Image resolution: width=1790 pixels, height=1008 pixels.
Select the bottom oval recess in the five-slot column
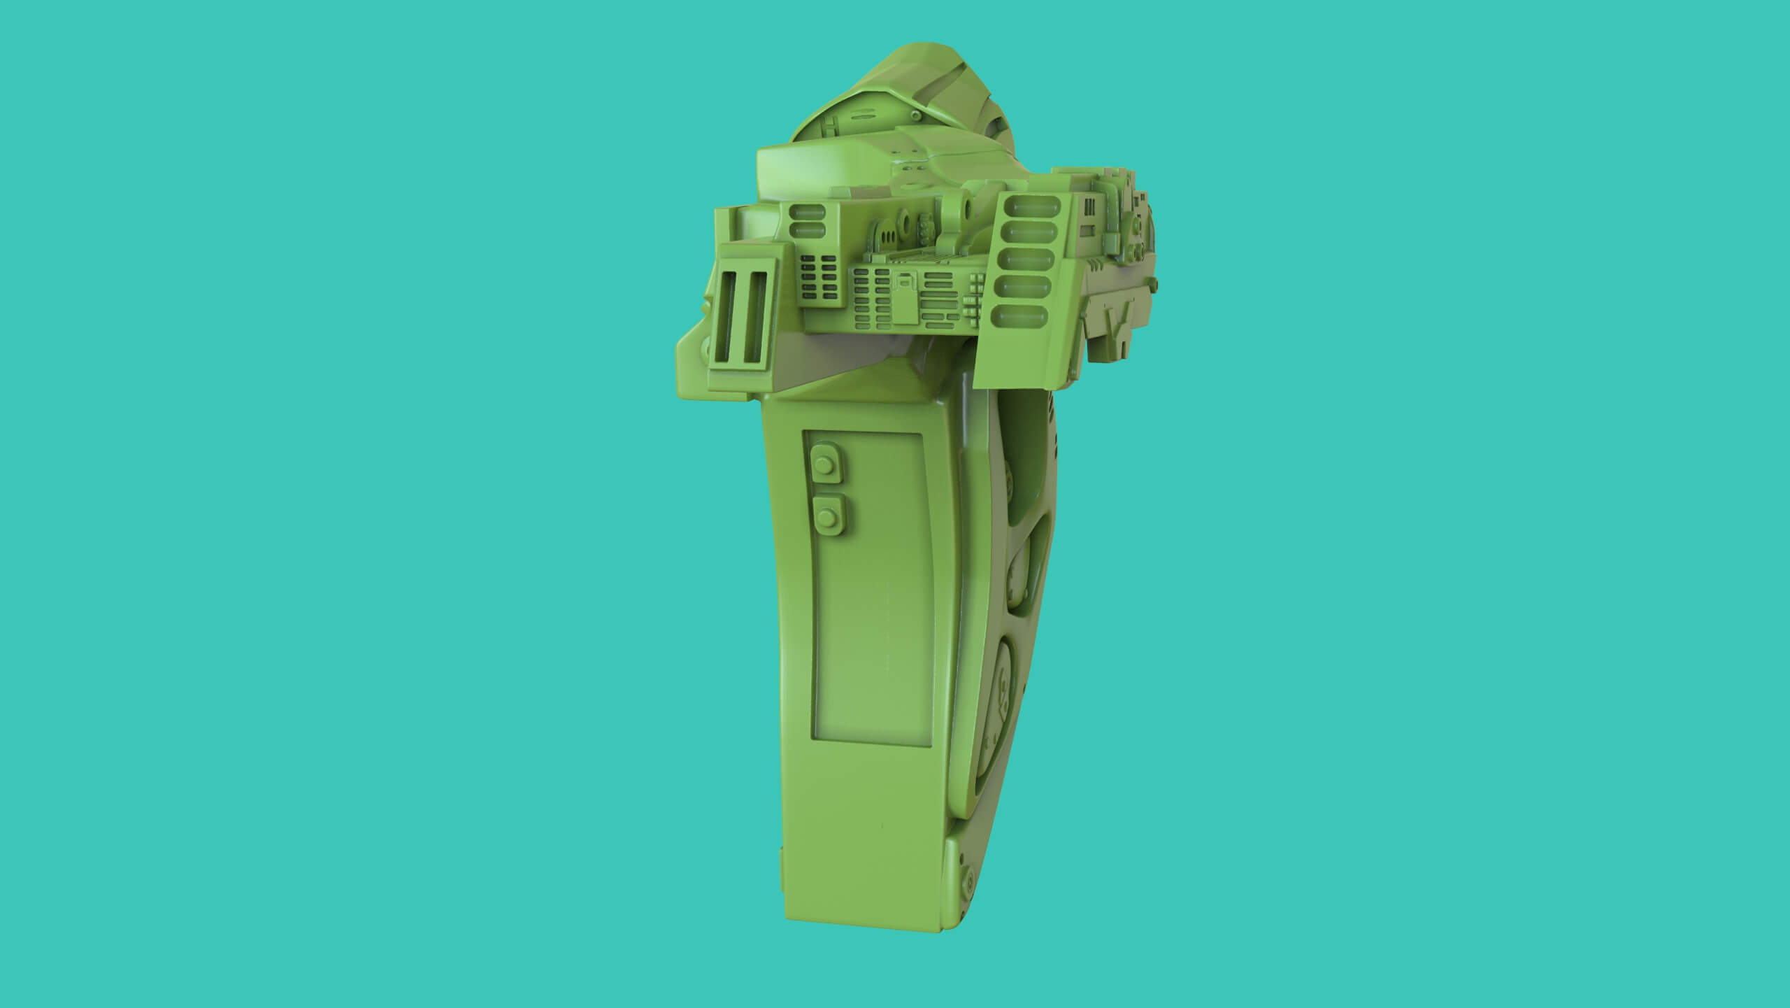point(1029,317)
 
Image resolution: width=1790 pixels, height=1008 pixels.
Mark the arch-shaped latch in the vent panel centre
point(906,281)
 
